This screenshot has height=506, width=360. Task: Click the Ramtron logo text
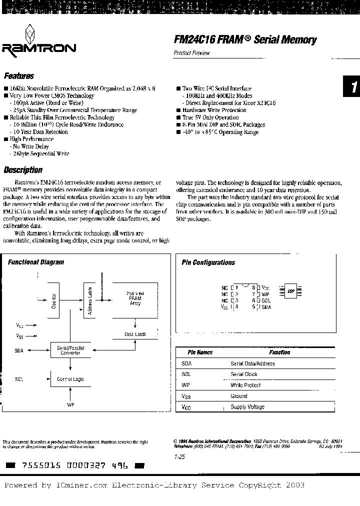coord(39,48)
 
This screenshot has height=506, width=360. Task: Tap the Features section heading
coord(19,76)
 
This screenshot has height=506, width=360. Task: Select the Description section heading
coord(23,170)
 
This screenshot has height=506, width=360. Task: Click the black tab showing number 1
coord(352,87)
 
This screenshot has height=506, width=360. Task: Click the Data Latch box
coord(135,334)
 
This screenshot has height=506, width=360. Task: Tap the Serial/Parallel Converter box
coord(70,350)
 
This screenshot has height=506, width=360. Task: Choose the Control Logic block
coord(70,379)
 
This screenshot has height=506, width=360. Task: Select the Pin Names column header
coord(200,352)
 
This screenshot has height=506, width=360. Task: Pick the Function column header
coord(279,352)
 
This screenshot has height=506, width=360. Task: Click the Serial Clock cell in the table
coord(244,374)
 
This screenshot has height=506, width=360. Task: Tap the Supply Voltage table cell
coord(247,407)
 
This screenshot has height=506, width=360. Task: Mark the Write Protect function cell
coord(246,385)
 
